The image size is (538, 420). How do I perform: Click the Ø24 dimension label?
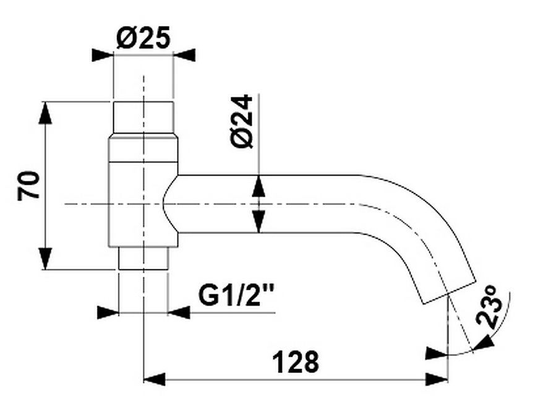tap(242, 121)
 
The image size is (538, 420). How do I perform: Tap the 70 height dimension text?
tap(28, 186)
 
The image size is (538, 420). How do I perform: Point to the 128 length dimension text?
tap(296, 362)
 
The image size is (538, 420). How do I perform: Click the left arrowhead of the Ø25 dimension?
tap(103, 55)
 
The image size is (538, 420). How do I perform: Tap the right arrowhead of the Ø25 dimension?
tap(184, 55)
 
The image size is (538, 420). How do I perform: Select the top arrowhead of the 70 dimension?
tap(45, 113)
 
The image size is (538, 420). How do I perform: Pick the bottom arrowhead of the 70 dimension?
tap(45, 259)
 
